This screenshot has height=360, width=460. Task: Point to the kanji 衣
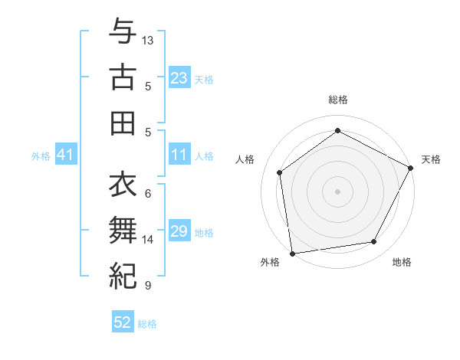click(x=123, y=184)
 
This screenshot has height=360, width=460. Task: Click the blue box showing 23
click(x=179, y=78)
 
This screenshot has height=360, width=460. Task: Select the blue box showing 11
click(x=179, y=155)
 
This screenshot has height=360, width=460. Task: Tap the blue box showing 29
click(x=179, y=231)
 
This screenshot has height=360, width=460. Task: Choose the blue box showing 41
click(x=66, y=155)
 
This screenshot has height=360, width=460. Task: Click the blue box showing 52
click(x=123, y=322)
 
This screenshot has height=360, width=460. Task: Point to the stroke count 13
click(x=148, y=39)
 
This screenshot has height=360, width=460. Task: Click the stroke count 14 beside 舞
click(x=148, y=240)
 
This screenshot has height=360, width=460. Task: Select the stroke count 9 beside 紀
click(x=147, y=286)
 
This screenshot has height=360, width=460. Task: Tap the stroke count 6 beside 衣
click(x=147, y=194)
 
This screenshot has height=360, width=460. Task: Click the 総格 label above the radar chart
click(x=338, y=100)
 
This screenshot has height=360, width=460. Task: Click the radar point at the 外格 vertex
click(x=292, y=253)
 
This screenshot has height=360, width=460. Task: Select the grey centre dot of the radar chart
click(x=338, y=191)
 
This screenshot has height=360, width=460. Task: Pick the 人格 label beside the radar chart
click(x=245, y=159)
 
